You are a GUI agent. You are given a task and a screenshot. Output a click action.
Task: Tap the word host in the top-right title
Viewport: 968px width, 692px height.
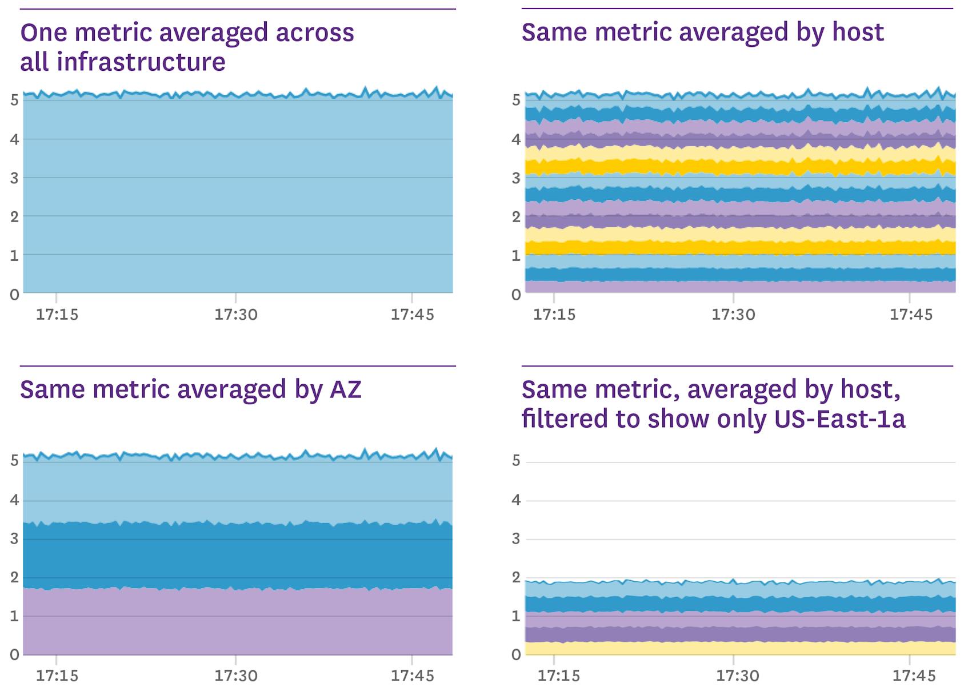857,32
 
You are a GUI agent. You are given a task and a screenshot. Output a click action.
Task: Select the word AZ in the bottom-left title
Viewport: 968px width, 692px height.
345,389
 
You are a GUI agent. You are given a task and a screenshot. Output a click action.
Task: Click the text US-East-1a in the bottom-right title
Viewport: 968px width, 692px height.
839,419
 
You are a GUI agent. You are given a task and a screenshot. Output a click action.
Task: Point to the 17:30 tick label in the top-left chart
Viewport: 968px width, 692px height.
235,314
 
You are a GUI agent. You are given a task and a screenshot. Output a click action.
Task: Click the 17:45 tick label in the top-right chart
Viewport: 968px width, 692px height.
910,314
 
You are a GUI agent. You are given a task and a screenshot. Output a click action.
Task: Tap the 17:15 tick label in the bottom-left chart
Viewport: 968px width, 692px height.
57,676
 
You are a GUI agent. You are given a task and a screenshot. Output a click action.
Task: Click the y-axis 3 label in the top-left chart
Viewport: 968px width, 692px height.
14,178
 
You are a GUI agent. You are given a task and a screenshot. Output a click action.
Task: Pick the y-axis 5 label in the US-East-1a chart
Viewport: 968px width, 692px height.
516,461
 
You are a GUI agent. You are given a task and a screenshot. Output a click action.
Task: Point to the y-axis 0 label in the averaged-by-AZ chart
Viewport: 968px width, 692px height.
14,654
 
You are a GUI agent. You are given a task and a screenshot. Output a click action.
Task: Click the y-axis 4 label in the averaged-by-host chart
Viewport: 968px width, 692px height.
516,139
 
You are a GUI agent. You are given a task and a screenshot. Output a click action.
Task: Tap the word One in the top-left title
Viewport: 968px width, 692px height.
43,33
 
